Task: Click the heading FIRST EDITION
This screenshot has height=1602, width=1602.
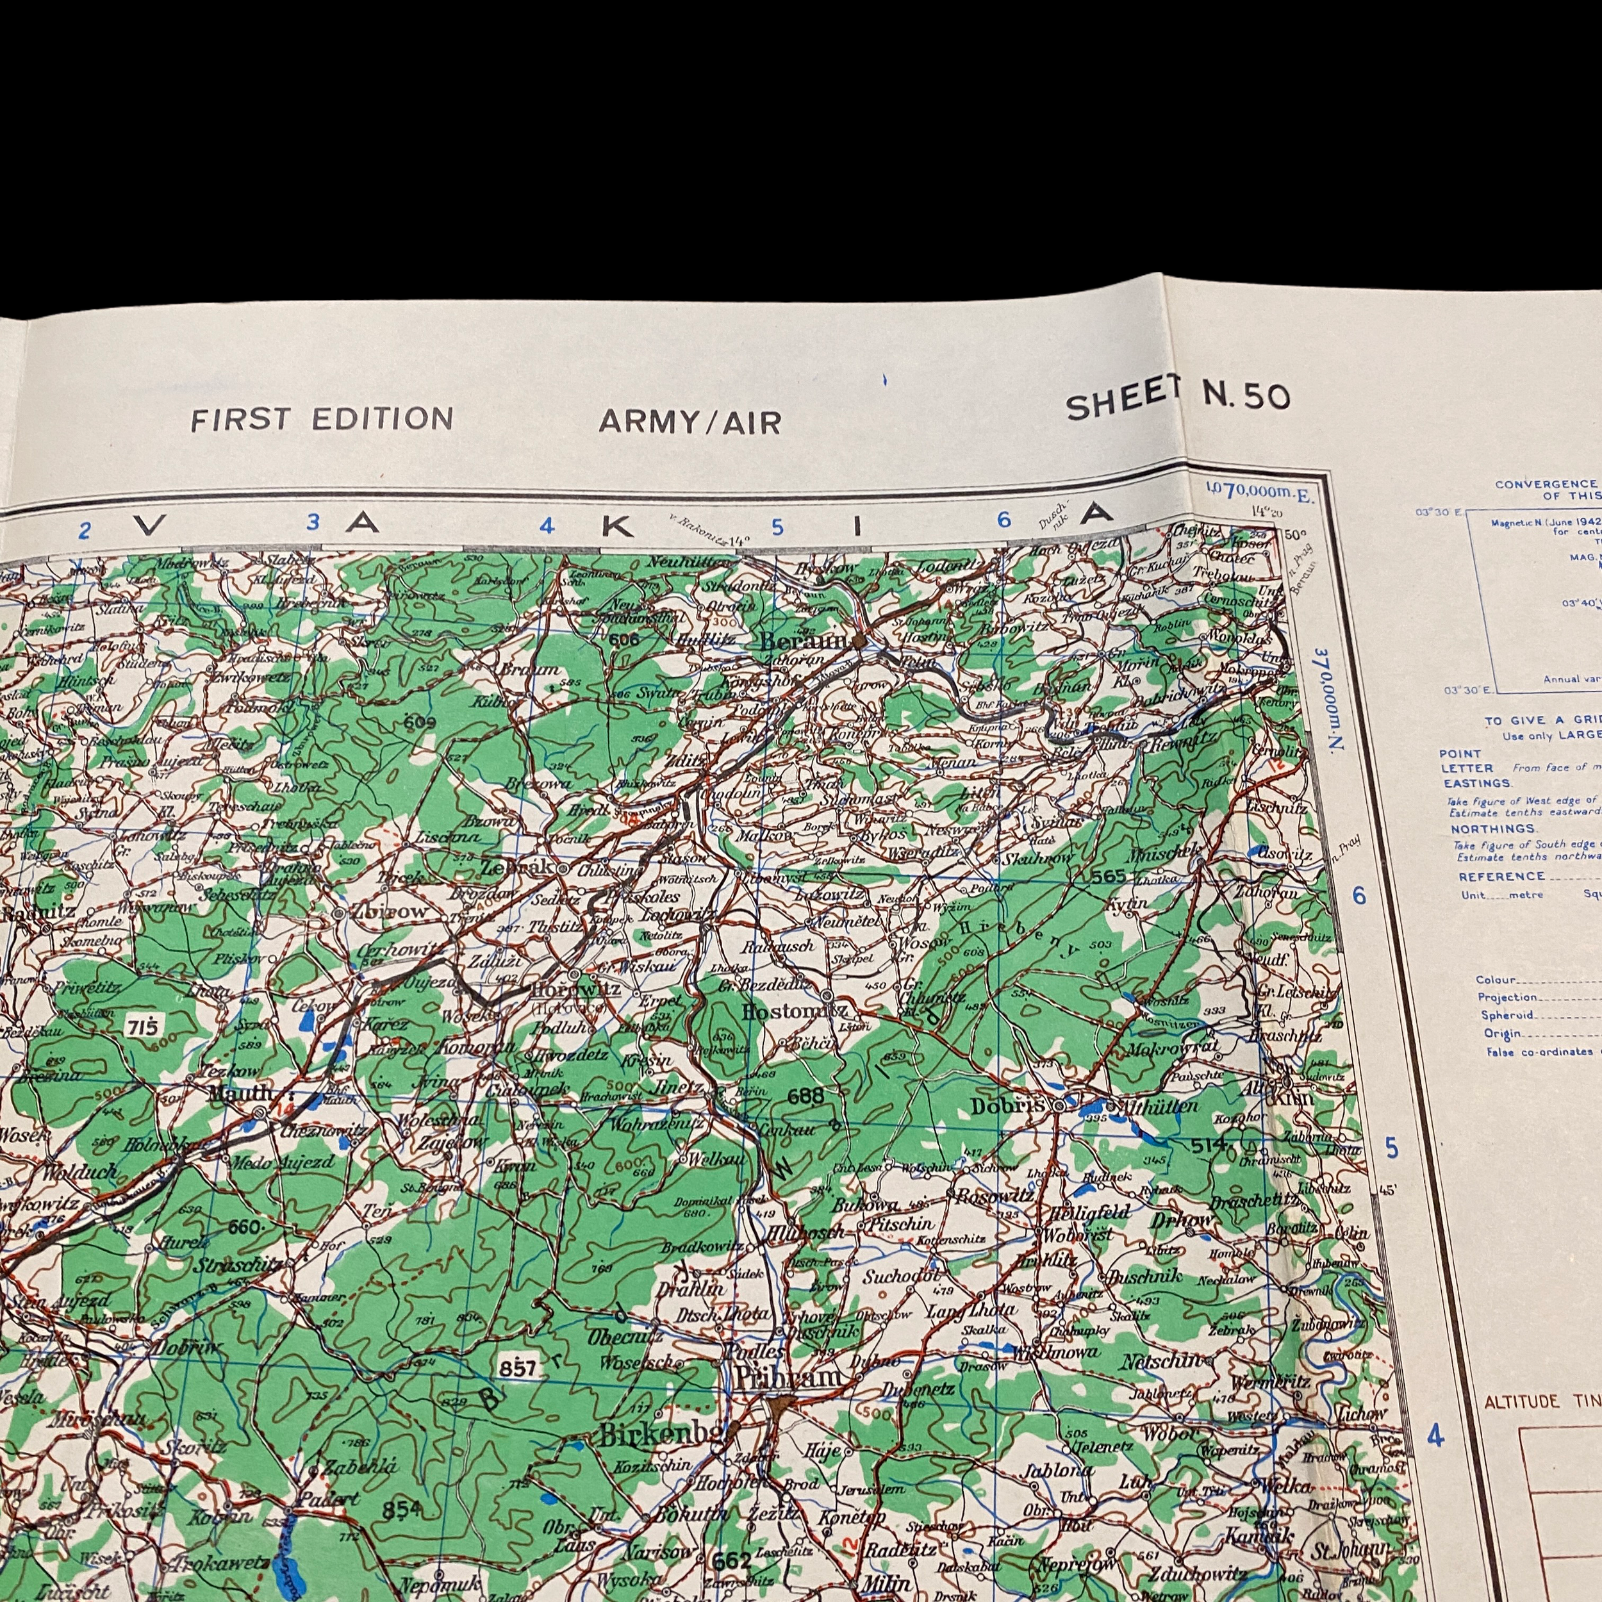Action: pyautogui.click(x=322, y=418)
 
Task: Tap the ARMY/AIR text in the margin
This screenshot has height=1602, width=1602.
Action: pyautogui.click(x=690, y=422)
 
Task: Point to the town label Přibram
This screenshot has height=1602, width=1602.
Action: pyautogui.click(x=786, y=1378)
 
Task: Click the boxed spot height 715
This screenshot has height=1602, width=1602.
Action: pyautogui.click(x=143, y=1027)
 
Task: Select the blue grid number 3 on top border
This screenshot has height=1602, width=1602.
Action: pyautogui.click(x=313, y=522)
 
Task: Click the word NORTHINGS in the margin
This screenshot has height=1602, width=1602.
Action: pyautogui.click(x=1492, y=829)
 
